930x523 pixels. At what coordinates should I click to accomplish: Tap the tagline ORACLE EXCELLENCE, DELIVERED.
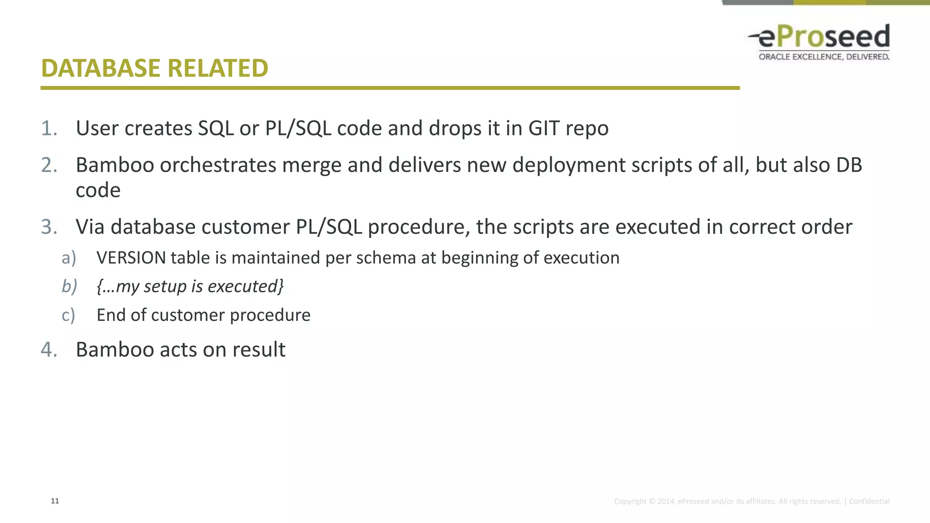point(824,57)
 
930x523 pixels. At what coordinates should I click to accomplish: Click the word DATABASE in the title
point(101,69)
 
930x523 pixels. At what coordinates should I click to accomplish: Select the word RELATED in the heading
point(218,69)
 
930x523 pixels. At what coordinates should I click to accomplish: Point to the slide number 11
point(55,501)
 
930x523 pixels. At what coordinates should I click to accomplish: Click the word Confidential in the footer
point(869,501)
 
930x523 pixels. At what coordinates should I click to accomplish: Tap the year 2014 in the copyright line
point(666,501)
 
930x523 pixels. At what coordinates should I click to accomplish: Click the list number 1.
point(49,128)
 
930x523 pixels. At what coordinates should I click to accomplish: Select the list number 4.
point(49,350)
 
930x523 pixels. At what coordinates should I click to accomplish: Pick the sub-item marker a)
point(69,258)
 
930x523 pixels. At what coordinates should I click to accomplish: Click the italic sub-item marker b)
point(69,286)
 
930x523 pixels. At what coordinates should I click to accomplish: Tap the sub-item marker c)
point(68,315)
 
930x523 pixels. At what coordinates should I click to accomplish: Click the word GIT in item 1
point(544,128)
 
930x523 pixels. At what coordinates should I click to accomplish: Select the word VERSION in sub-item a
point(131,258)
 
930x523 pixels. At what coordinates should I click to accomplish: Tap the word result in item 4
point(259,350)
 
